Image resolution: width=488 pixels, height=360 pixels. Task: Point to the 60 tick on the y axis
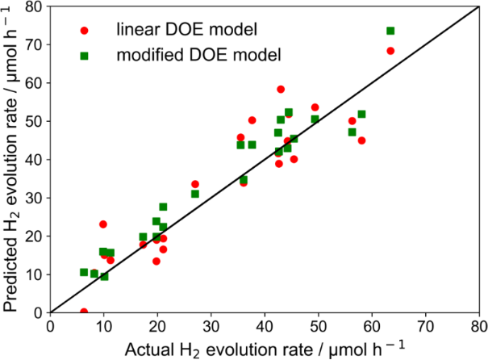35,82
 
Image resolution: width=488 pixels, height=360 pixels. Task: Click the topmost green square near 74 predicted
390,31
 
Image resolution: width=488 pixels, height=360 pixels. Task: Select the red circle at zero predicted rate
84,312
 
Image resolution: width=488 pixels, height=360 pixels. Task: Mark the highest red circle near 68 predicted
390,51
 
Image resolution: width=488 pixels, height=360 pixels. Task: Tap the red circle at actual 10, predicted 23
103,224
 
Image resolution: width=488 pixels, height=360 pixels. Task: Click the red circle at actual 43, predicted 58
281,90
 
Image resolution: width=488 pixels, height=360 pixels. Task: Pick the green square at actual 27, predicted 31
195,194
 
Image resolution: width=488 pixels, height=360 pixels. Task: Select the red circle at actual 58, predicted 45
361,140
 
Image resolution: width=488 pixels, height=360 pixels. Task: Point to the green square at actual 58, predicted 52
361,115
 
